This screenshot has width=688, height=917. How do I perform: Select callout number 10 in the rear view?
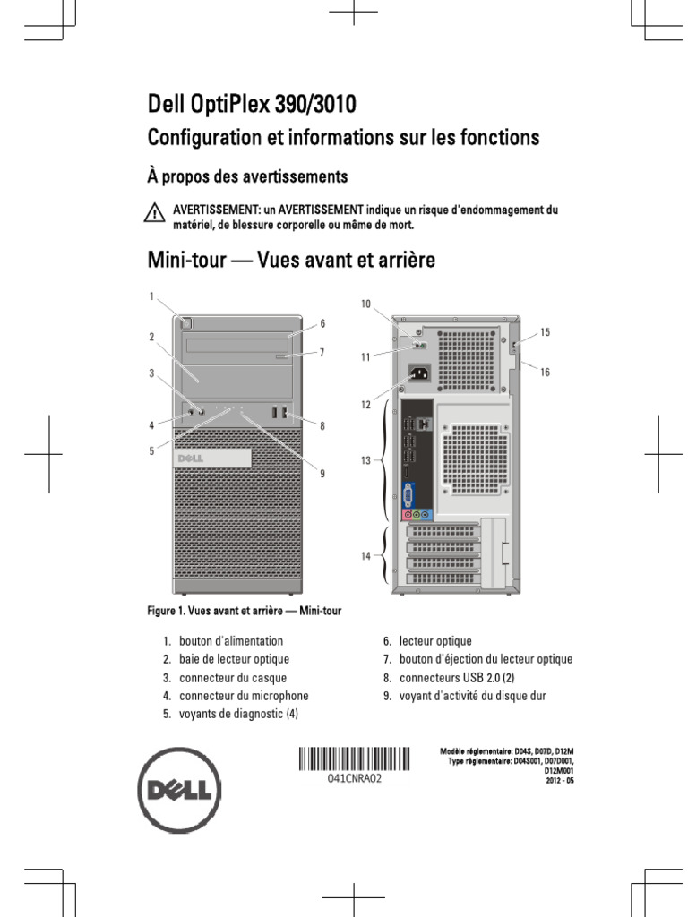[365, 304]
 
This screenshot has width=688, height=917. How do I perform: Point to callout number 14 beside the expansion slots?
[365, 556]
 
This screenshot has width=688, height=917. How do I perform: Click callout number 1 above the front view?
[151, 296]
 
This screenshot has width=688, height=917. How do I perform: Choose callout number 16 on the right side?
[545, 372]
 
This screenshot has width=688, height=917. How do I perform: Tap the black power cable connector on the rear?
[417, 375]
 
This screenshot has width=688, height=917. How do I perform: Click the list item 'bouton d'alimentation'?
[230, 641]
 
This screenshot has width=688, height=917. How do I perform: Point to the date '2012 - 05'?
[560, 781]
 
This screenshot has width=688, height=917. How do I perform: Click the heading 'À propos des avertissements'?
[247, 176]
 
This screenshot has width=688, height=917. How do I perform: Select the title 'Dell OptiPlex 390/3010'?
[252, 106]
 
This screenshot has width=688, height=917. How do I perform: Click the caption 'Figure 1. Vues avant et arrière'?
[245, 611]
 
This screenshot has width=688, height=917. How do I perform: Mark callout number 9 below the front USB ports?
[322, 474]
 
